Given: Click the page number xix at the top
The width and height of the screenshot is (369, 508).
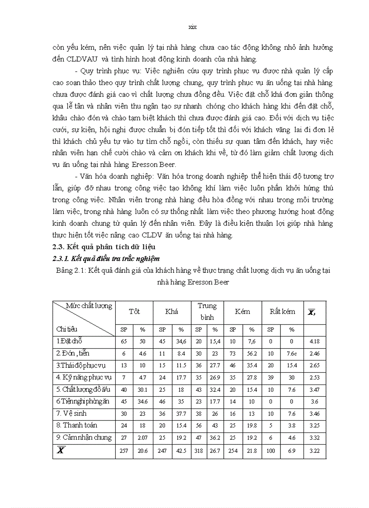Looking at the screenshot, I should click(192, 27).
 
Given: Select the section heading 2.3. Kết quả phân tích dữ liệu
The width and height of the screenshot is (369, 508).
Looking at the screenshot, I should click(104, 247).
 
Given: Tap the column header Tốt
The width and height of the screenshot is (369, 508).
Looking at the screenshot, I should click(134, 312).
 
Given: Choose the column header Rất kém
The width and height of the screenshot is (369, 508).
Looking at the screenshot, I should click(282, 312).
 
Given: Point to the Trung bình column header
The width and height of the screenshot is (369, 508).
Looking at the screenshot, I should click(207, 312).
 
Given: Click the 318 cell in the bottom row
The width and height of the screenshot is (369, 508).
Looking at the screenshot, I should click(199, 452).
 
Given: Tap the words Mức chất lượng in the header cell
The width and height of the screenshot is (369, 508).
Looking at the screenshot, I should click(89, 306).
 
